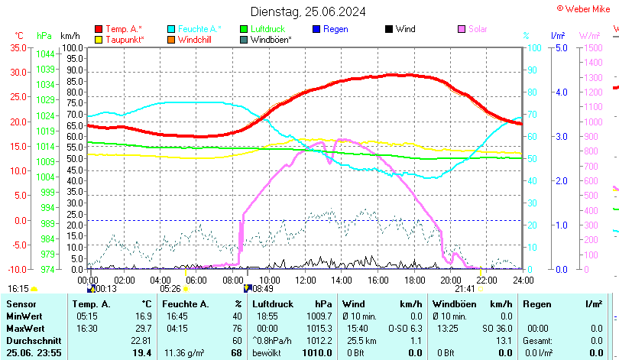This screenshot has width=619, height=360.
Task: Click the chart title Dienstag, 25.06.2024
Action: (x=308, y=11)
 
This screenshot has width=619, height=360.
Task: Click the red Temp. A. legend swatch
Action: (x=99, y=29)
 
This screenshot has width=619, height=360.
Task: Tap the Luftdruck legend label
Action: (x=267, y=29)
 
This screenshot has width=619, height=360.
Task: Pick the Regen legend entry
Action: (x=335, y=29)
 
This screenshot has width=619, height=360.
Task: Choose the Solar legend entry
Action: (x=478, y=29)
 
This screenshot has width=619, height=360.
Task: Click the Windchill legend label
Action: (x=196, y=40)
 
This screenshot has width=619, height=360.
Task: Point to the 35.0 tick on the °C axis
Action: (x=18, y=47)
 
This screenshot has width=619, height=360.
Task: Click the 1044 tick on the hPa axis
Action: (x=45, y=54)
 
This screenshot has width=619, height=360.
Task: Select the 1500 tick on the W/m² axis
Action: (x=593, y=47)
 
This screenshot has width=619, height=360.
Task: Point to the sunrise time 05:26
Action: (x=170, y=289)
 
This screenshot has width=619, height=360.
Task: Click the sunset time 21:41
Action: (x=465, y=289)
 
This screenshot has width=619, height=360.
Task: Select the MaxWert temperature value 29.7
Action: (x=142, y=328)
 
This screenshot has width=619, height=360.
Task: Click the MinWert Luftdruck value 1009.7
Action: (x=319, y=316)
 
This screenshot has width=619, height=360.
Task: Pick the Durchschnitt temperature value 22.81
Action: (x=141, y=340)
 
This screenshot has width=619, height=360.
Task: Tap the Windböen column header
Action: (x=450, y=304)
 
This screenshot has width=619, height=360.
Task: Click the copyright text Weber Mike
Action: (x=589, y=8)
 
